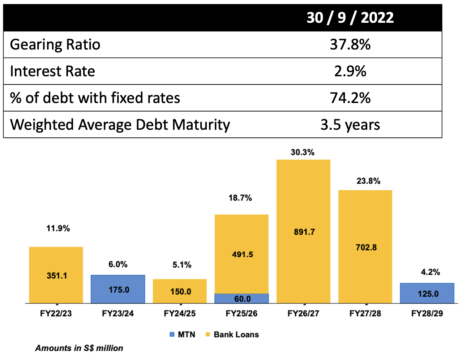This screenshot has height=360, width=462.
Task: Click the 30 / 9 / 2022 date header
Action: click(350, 17)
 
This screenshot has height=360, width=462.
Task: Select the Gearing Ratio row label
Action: click(55, 44)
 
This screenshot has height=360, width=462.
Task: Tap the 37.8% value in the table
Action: click(350, 44)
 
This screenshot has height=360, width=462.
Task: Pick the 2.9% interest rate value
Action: click(350, 71)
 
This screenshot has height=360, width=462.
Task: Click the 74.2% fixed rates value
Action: click(350, 98)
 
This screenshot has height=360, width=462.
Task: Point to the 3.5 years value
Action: click(350, 125)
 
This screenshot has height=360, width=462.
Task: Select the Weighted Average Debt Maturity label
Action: click(120, 125)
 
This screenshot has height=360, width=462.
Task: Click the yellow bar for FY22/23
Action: click(56, 275)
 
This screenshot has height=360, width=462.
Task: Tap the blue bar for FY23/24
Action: click(118, 289)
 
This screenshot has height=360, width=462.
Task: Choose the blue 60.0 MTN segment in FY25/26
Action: click(241, 299)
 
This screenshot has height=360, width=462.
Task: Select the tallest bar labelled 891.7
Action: click(303, 231)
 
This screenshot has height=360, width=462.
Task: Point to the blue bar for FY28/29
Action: click(427, 293)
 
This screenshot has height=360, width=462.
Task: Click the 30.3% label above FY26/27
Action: click(303, 152)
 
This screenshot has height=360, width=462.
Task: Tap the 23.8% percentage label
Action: click(368, 181)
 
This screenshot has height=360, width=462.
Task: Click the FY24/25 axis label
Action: click(180, 313)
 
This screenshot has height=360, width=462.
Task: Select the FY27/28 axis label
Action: click(365, 313)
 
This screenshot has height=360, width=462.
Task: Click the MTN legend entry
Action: click(183, 334)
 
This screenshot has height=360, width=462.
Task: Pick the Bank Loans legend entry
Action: click(232, 334)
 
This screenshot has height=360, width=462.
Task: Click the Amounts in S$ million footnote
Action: click(79, 348)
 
